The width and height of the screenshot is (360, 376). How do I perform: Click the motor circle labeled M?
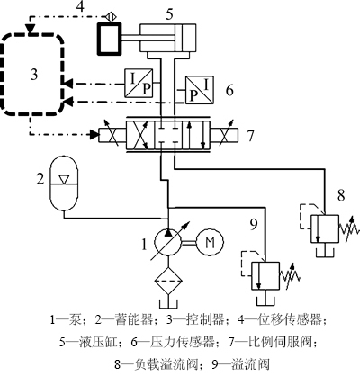[210, 243]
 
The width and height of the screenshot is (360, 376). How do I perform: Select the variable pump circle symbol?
[168, 243]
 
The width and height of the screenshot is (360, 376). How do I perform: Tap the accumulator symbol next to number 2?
[65, 183]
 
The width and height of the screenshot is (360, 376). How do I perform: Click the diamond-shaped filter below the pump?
[168, 281]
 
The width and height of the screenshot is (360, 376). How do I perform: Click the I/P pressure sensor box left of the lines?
[139, 83]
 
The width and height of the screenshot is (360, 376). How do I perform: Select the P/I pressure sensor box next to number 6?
[200, 90]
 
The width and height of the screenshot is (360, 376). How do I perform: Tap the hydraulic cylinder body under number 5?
[167, 38]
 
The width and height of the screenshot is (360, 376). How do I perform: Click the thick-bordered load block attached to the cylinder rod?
[110, 39]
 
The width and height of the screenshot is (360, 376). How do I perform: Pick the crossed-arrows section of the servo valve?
[140, 135]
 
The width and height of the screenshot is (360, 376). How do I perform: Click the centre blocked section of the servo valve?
[167, 135]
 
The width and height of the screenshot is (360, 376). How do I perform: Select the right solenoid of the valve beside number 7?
[224, 135]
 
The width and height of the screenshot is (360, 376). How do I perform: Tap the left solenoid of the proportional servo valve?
[112, 135]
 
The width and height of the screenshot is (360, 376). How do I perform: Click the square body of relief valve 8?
[325, 228]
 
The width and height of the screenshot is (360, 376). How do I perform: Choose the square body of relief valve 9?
[265, 276]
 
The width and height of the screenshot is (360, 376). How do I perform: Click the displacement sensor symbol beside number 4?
[110, 17]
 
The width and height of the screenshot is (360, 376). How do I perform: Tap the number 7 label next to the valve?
[250, 136]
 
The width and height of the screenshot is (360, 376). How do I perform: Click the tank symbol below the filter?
[168, 303]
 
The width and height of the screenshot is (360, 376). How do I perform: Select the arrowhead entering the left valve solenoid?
[94, 135]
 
